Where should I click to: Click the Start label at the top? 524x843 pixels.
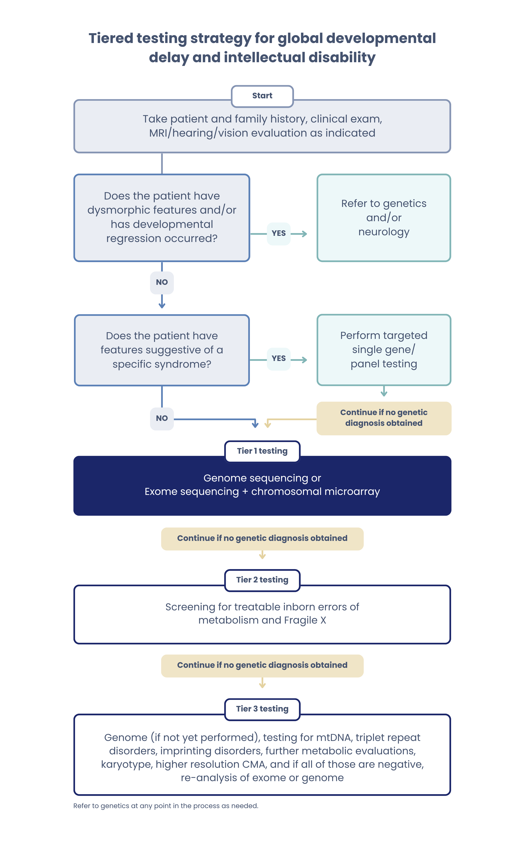pyautogui.click(x=262, y=96)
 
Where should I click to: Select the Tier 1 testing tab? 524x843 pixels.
pyautogui.click(x=262, y=451)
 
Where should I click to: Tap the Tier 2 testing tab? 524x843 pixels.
pyautogui.click(x=262, y=580)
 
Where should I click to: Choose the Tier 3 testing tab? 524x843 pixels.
pyautogui.click(x=262, y=709)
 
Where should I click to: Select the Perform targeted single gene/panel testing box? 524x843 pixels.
pyautogui.click(x=384, y=350)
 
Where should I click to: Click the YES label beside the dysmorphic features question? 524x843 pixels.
pyautogui.click(x=279, y=233)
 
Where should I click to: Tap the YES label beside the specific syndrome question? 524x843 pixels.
pyautogui.click(x=279, y=358)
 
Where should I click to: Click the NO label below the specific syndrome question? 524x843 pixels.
pyautogui.click(x=162, y=418)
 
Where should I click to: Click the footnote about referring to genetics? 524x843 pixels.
pyautogui.click(x=166, y=806)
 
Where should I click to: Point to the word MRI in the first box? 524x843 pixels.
pyautogui.click(x=158, y=133)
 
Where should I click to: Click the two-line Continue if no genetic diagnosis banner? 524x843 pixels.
pyautogui.click(x=384, y=418)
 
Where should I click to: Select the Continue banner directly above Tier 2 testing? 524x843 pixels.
pyautogui.click(x=262, y=538)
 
